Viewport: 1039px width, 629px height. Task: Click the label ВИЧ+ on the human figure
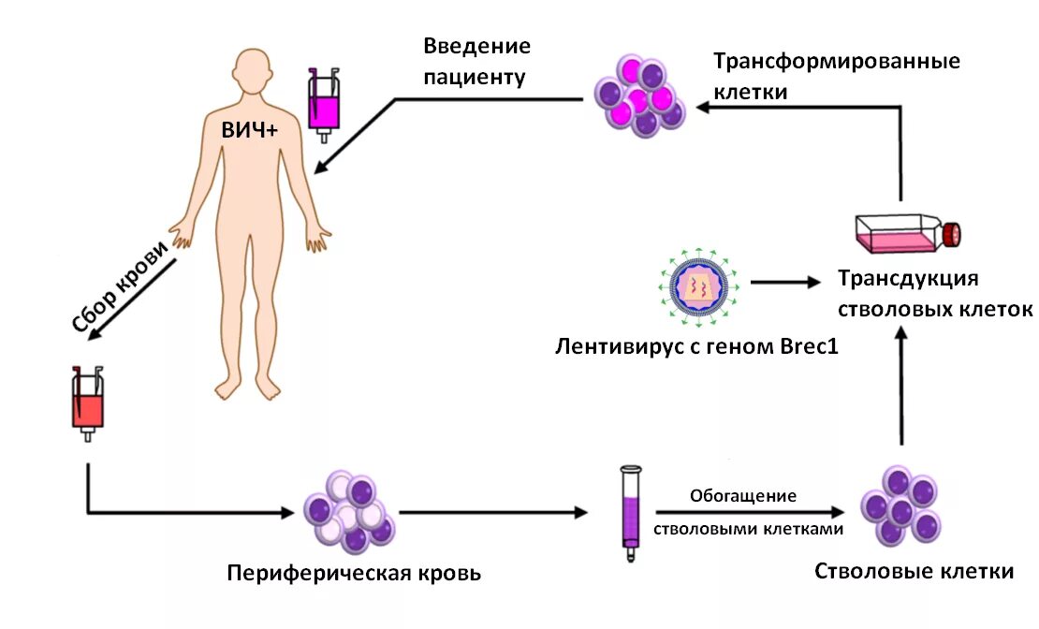click(x=249, y=131)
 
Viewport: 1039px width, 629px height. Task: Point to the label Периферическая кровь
click(x=354, y=572)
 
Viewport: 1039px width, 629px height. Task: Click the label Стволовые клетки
click(x=914, y=571)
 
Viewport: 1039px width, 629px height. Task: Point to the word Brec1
click(x=807, y=347)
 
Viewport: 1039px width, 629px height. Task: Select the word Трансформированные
click(x=837, y=63)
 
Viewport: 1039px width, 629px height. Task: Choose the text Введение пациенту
click(x=476, y=61)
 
